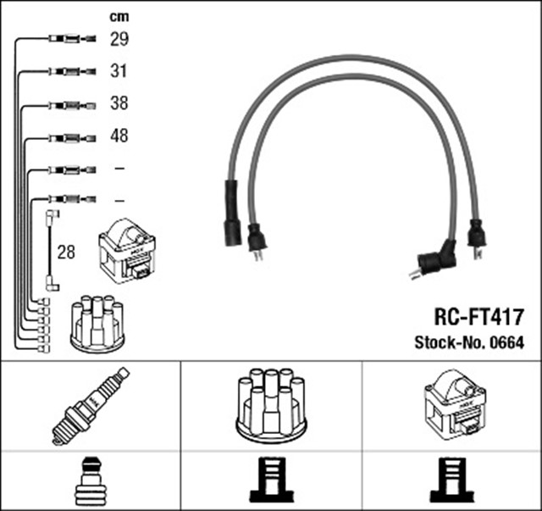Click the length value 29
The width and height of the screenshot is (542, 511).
pos(119,39)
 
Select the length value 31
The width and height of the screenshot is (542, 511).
pos(119,71)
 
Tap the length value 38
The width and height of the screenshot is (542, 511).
pos(119,104)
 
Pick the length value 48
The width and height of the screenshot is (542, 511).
pos(119,136)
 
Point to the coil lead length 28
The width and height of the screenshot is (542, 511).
pos(65,253)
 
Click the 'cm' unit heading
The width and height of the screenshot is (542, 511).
pos(119,16)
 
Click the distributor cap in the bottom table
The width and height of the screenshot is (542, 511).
pos(271,404)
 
